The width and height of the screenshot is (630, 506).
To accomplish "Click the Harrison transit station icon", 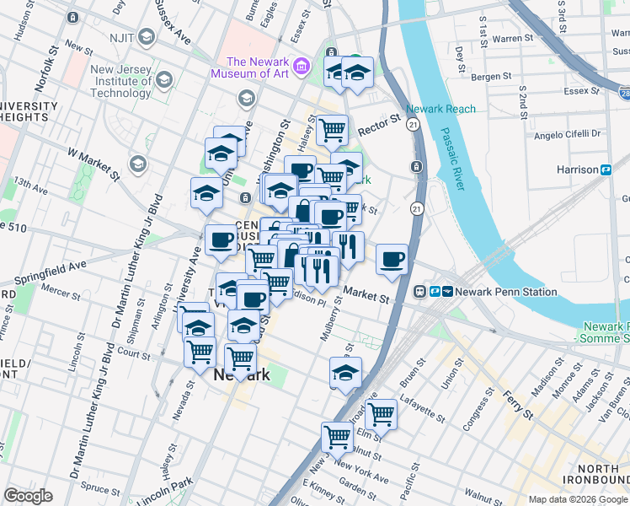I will [606, 170].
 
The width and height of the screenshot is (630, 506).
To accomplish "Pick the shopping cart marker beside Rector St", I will [332, 129].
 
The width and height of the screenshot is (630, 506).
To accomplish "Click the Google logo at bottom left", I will [28, 496].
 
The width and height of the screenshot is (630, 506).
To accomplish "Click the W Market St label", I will [94, 159].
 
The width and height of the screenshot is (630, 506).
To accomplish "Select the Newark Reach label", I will [440, 110].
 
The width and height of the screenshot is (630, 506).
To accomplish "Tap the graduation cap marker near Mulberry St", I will [344, 372].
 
